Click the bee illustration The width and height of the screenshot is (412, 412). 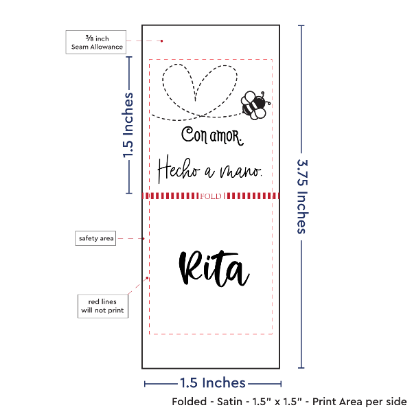[x=255, y=105]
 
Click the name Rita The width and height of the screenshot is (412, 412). [x=214, y=268]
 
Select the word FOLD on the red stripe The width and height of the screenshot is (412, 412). [x=211, y=196]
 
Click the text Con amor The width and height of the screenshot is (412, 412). [x=212, y=136]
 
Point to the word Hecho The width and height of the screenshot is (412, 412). [x=179, y=169]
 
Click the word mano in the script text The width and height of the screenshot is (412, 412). [x=241, y=171]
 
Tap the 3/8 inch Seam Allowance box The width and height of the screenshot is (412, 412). [x=96, y=43]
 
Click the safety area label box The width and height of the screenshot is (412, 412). [x=95, y=238]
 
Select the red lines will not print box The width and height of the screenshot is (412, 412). [x=103, y=306]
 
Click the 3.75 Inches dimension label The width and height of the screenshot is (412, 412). [x=302, y=196]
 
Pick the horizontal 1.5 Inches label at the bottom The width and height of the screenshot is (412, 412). [x=213, y=383]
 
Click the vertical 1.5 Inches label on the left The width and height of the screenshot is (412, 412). [x=128, y=125]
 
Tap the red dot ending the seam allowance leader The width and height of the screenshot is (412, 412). [x=161, y=41]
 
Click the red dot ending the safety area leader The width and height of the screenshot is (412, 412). [x=144, y=238]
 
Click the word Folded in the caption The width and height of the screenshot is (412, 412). [x=190, y=402]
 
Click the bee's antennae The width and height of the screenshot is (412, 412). [x=265, y=98]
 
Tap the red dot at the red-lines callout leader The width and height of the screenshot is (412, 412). [x=147, y=278]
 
